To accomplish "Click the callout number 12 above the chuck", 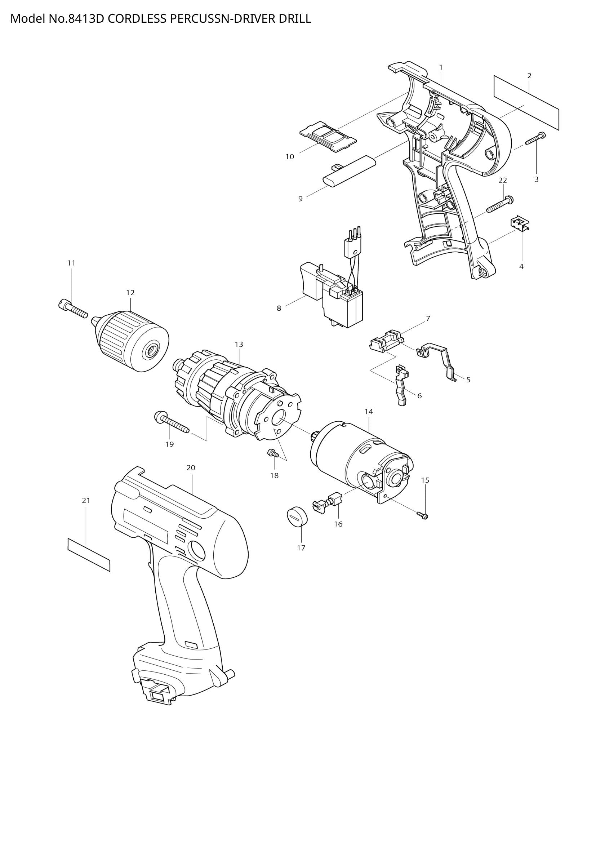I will click(130, 293).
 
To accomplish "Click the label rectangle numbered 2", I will click(526, 102).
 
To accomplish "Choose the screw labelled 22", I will click(500, 204).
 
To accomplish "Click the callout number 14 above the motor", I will click(369, 412).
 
